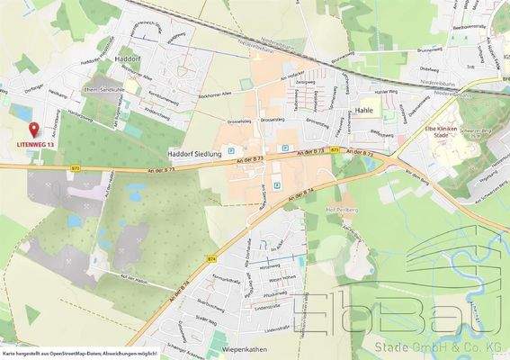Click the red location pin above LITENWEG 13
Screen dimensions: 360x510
(x=35, y=130)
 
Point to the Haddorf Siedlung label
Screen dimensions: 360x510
(x=195, y=155)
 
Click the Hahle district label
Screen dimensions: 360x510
(x=364, y=110)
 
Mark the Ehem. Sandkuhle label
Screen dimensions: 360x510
(x=102, y=90)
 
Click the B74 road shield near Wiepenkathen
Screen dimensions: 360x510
(x=212, y=258)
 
